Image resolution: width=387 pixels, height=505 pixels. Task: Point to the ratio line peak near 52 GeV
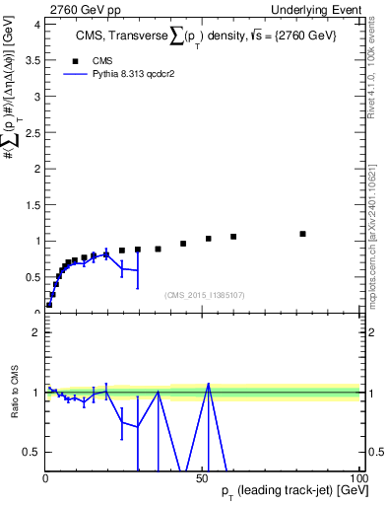208,384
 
